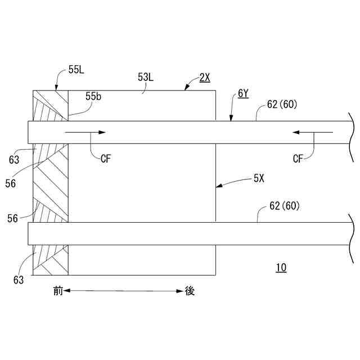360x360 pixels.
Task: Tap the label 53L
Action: pyautogui.click(x=145, y=77)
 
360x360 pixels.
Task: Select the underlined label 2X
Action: pyautogui.click(x=205, y=78)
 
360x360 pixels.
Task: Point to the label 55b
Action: pyautogui.click(x=94, y=97)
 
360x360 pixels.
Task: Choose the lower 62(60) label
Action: pyautogui.click(x=285, y=206)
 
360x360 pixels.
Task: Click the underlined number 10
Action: pyautogui.click(x=281, y=268)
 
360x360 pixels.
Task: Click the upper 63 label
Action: pyautogui.click(x=15, y=159)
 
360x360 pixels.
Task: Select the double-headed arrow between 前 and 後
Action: pyautogui.click(x=124, y=291)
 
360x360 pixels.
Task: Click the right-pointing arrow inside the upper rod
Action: pyautogui.click(x=85, y=132)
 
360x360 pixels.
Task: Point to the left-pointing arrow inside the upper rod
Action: pyautogui.click(x=312, y=132)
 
